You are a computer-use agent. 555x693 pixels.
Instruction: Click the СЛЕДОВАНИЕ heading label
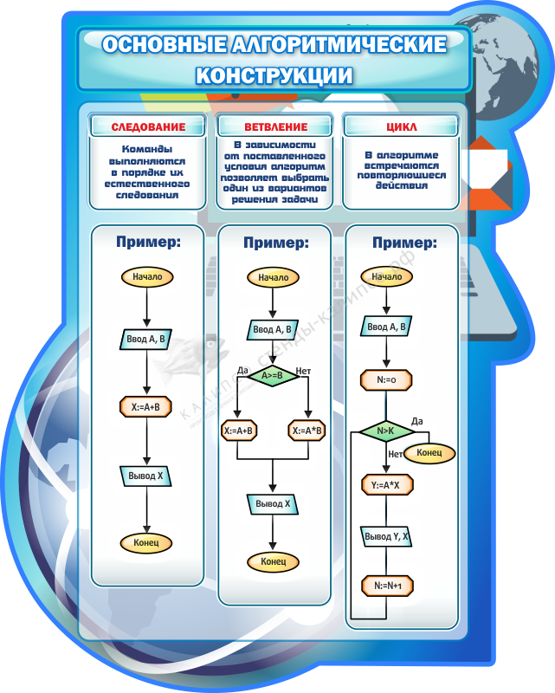tap(148, 127)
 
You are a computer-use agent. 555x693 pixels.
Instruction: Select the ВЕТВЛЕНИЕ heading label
tap(275, 127)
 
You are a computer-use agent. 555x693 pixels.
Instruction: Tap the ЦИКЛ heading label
tap(401, 127)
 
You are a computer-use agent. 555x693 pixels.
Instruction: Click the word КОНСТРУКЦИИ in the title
tap(274, 75)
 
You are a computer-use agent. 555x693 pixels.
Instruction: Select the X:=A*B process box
tap(307, 431)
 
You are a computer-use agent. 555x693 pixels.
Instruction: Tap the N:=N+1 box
tap(387, 586)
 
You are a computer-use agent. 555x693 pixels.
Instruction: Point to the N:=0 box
tap(386, 379)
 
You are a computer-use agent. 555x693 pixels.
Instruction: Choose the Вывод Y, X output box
tap(386, 537)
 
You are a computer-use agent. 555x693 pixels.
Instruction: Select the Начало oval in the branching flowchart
tap(273, 278)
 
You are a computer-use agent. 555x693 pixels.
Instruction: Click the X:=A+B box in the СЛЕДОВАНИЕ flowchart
tap(146, 406)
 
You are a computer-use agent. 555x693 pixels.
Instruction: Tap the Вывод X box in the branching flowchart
tap(273, 503)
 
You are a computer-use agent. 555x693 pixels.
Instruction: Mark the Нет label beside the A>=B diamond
tap(304, 372)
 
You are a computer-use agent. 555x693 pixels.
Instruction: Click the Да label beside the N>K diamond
tap(417, 421)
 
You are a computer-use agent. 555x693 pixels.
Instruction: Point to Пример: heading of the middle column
tap(275, 244)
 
